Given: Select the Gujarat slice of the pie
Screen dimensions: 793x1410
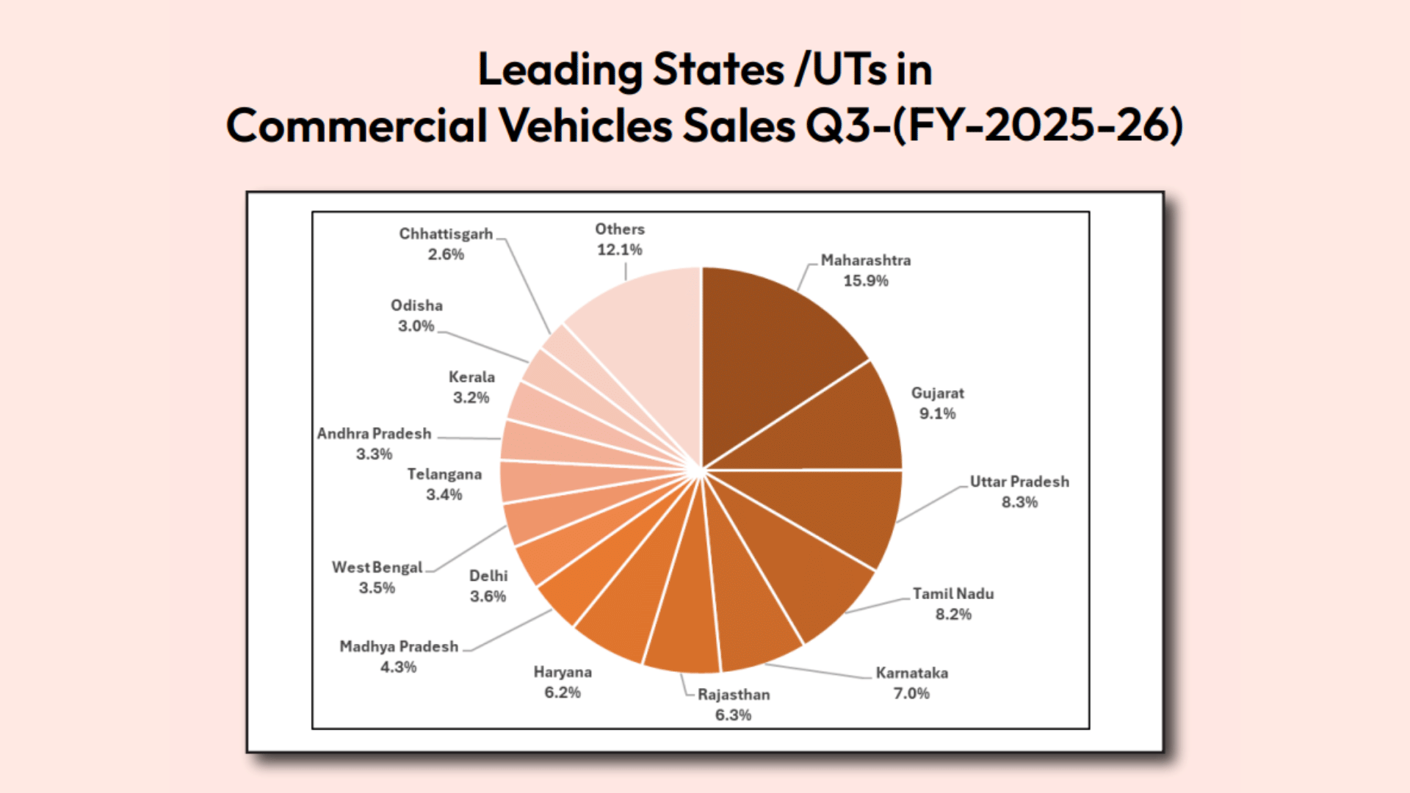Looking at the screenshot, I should [x=830, y=426].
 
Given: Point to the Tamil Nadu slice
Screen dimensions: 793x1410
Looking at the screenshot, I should [x=800, y=573].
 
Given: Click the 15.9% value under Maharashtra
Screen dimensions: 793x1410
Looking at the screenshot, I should [x=865, y=280].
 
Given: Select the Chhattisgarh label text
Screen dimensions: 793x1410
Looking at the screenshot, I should [x=446, y=233].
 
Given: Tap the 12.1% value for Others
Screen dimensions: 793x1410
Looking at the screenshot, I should [x=619, y=250].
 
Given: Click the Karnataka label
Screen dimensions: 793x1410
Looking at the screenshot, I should [x=911, y=673].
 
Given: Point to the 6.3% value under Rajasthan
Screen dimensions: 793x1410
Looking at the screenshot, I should [x=733, y=714].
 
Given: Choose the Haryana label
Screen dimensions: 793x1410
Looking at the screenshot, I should [x=563, y=672].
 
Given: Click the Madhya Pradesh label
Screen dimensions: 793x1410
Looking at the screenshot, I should [x=399, y=646].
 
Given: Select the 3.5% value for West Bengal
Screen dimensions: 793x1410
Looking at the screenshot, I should [x=377, y=587].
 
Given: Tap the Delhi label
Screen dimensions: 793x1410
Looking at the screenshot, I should [x=488, y=576].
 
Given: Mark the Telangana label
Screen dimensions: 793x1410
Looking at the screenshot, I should [x=444, y=474].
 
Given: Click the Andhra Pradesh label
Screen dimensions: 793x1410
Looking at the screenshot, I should [x=374, y=433].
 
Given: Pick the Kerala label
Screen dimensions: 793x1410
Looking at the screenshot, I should [x=471, y=377].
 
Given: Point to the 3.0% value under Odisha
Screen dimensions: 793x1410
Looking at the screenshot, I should [x=416, y=325].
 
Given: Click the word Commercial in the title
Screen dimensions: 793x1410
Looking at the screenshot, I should [x=356, y=125].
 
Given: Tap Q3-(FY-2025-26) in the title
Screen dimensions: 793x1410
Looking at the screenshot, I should [x=994, y=125].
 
